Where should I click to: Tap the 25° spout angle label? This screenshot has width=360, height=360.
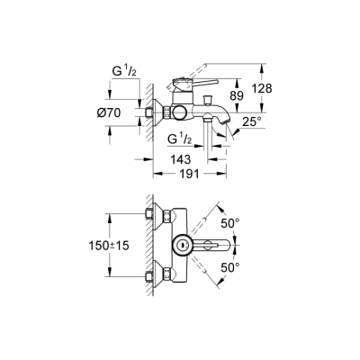pyautogui.click(x=253, y=120)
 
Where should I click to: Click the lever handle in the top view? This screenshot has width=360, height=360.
pyautogui.click(x=216, y=244)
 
